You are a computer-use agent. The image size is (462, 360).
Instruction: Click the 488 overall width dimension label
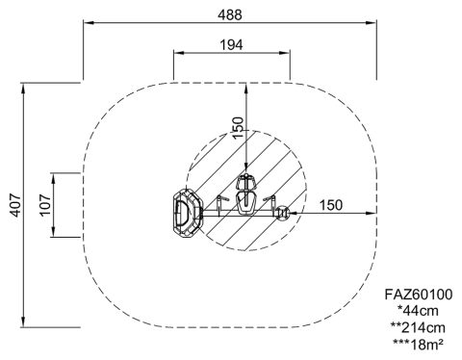pos(230,15)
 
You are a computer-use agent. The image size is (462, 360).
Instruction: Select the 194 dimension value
pos(231,45)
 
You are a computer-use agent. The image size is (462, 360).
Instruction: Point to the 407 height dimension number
pos(15,205)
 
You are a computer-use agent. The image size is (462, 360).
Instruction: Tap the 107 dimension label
pos(45,205)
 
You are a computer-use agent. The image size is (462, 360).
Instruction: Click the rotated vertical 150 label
pos(238,127)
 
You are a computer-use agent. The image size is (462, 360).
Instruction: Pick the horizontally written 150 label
pos(331,205)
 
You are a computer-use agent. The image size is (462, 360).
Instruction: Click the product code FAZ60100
pos(419,295)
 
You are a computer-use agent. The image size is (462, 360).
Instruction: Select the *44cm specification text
pos(418,311)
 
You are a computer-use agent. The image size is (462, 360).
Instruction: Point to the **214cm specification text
pos(418,327)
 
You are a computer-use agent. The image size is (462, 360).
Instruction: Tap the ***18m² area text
pos(418,345)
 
